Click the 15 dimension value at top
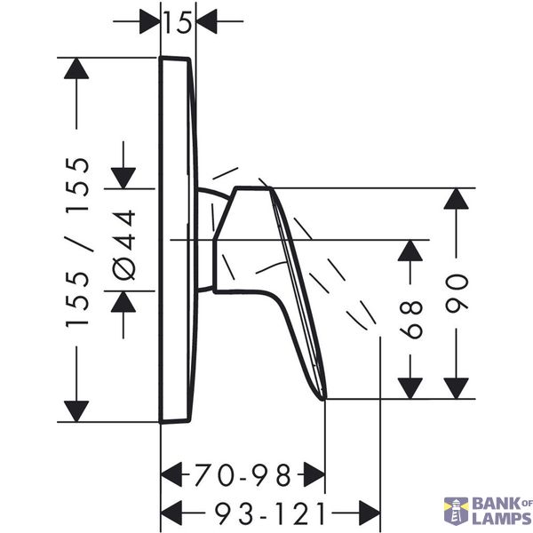click(179, 22)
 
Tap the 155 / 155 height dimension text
click(77, 242)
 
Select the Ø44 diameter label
click(124, 245)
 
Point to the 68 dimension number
click(411, 319)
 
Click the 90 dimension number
click(457, 293)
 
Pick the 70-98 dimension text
click(243, 474)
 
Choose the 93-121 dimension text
click(270, 513)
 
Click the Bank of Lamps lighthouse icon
click(456, 510)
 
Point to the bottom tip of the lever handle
click(323, 399)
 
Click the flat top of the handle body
click(252, 187)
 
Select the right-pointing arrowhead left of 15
click(150, 21)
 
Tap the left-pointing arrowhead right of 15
click(207, 21)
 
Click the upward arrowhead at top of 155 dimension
click(76, 68)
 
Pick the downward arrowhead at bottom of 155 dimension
click(76, 411)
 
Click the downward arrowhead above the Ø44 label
click(123, 179)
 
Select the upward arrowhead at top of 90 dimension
click(457, 198)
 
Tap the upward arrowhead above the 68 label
click(410, 251)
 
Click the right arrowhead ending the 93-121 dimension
click(370, 513)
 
